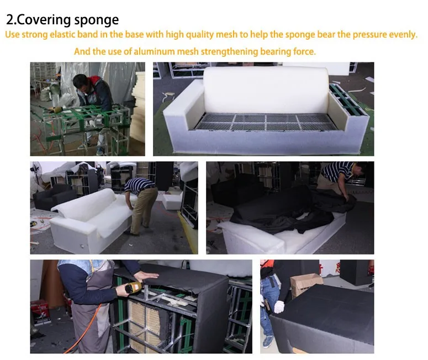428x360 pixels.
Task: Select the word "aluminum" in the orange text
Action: [161, 52]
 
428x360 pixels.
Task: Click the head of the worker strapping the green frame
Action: [81, 83]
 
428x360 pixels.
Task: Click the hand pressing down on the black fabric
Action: [144, 275]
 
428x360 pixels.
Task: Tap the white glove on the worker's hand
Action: [279, 306]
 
